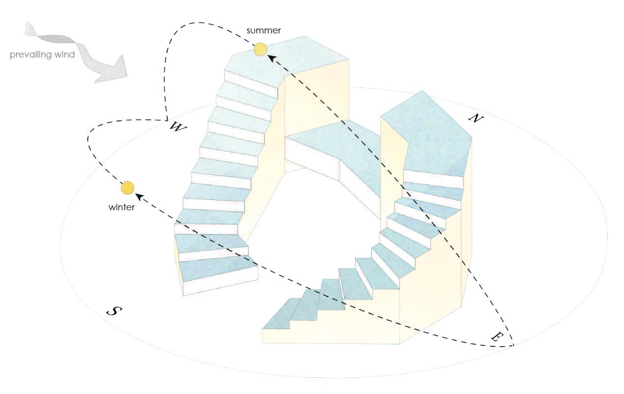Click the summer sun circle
tap(260, 49)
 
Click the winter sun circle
tap(127, 188)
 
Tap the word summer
tap(264, 30)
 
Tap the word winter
tap(122, 207)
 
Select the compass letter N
tap(474, 118)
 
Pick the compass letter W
tap(178, 127)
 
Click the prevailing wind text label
tap(42, 55)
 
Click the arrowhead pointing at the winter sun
tap(139, 197)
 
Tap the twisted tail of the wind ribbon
tap(37, 32)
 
